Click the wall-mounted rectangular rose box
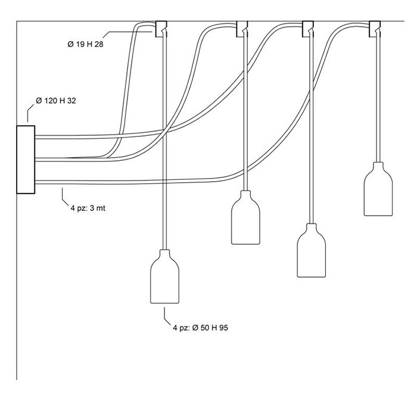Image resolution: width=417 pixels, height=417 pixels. click(26, 159)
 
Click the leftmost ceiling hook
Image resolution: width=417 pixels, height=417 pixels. click(161, 28)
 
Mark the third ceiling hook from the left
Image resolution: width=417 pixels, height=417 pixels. click(309, 28)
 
